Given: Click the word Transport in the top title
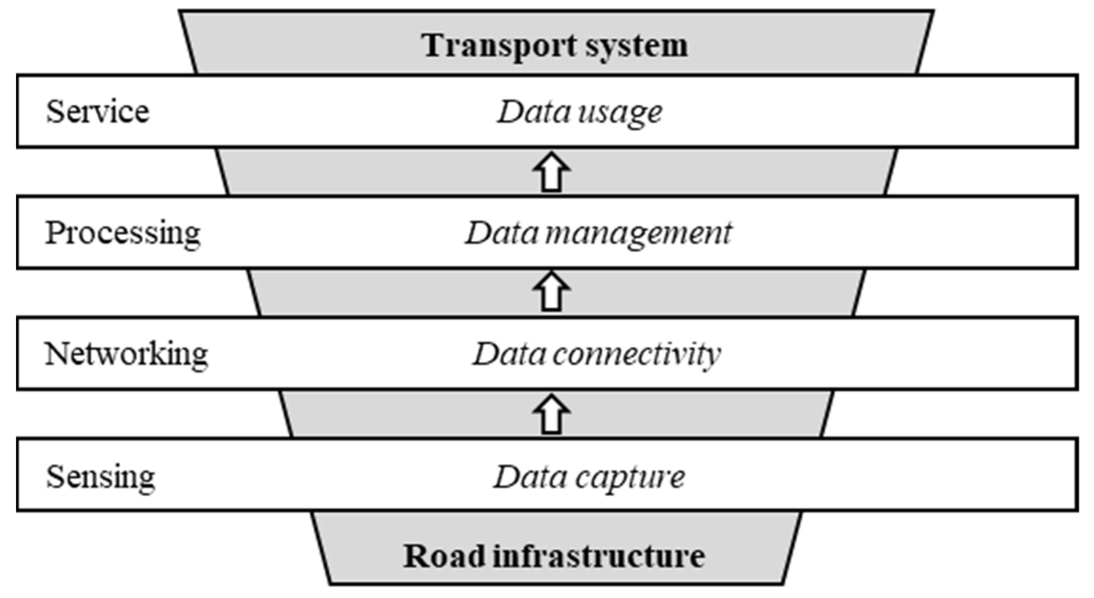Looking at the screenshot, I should click(499, 46).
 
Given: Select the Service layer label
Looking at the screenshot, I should click(98, 112).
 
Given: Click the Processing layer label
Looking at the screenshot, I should click(123, 233).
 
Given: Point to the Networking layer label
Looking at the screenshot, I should click(126, 354).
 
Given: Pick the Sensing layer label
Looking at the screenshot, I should click(101, 477).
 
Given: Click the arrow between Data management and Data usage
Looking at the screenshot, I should click(551, 172).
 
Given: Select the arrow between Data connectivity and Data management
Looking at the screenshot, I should click(551, 292).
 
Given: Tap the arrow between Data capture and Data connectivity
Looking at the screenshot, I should click(551, 414).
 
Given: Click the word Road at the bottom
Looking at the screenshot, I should click(444, 556).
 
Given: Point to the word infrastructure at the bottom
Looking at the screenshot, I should click(599, 556).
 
